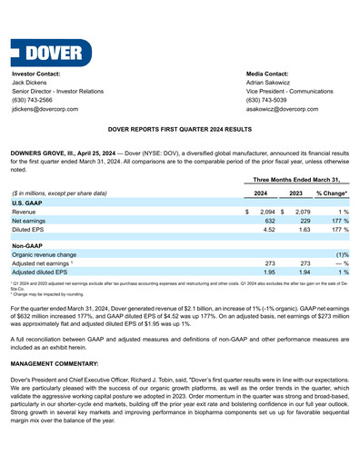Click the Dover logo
(52, 50)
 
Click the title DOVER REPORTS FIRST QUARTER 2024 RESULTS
(180, 131)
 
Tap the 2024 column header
(260, 193)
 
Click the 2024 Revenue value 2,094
(266, 211)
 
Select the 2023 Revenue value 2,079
(300, 211)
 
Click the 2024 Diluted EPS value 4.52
(268, 229)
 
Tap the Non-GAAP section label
(27, 245)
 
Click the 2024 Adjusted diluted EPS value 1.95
(268, 272)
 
